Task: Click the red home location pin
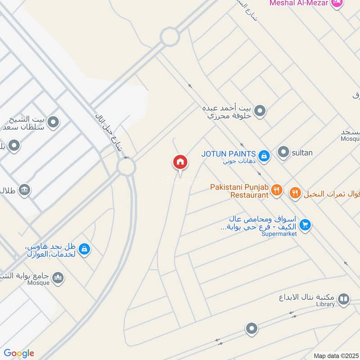[x=180, y=162]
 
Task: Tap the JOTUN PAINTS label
[x=229, y=153]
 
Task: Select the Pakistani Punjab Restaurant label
[x=239, y=191]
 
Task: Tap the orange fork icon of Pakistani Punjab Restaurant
[x=277, y=191]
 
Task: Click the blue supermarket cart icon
[x=305, y=225]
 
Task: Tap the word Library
[x=325, y=304]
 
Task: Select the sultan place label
[x=302, y=153]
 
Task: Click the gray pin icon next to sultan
[x=283, y=153]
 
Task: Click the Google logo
[x=19, y=353]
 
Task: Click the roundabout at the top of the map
[x=170, y=36]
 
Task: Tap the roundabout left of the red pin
[x=126, y=168]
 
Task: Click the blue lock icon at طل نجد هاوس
[x=84, y=249]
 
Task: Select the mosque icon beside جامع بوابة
[x=58, y=279]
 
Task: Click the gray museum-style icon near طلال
[x=25, y=190]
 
